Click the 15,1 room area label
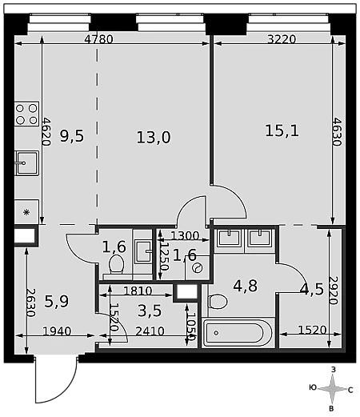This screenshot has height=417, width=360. (282, 130)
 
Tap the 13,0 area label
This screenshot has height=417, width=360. (154, 138)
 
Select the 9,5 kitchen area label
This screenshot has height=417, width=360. (71, 136)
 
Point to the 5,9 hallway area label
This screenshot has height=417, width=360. (56, 301)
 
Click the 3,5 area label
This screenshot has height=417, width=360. (150, 311)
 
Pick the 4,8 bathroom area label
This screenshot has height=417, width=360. (245, 286)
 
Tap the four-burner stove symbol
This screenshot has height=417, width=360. (26, 114)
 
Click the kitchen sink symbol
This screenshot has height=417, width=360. (26, 162)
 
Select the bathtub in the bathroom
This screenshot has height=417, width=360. (238, 333)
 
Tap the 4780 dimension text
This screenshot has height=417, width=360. (98, 39)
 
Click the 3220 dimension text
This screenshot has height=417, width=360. (282, 39)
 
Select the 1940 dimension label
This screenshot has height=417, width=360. (57, 331)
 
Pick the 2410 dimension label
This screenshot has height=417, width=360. (150, 331)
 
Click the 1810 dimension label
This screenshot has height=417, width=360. (138, 291)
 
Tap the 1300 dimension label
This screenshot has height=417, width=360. (185, 235)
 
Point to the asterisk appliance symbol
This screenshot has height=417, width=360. (26, 212)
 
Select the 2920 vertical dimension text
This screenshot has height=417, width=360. (334, 291)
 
